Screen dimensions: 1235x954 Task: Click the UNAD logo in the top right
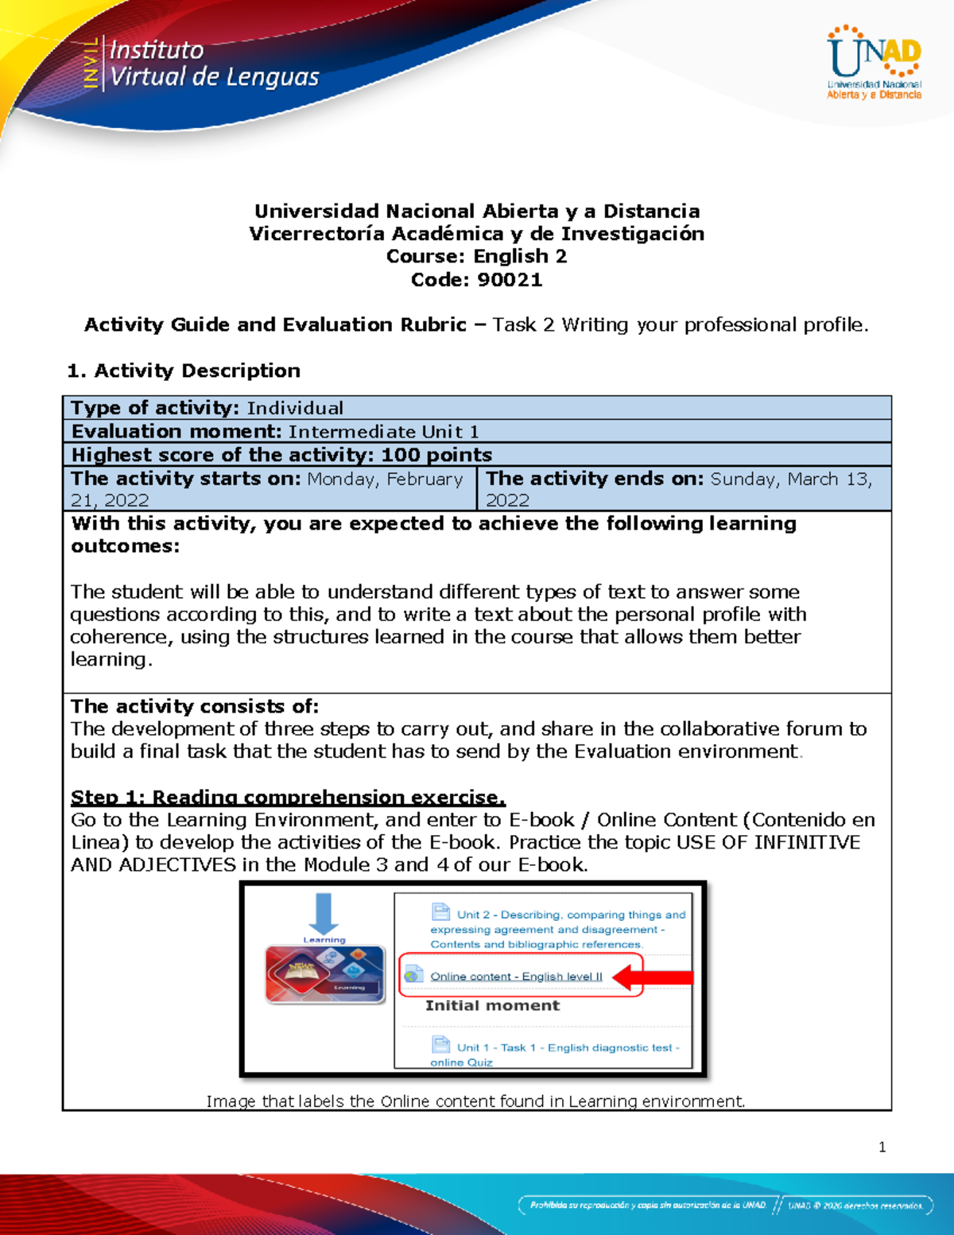click(x=874, y=63)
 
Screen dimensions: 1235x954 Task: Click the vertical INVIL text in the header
click(x=91, y=63)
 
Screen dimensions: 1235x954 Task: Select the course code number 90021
click(x=510, y=280)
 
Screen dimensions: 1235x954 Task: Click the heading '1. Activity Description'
click(x=184, y=371)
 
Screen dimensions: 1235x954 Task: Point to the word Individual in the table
click(x=295, y=408)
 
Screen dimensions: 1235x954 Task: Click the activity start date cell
click(x=269, y=488)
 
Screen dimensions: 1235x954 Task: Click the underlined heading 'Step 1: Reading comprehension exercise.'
click(x=288, y=797)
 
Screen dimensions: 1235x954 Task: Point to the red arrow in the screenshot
click(x=652, y=977)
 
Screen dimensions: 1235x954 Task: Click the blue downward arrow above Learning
click(x=324, y=913)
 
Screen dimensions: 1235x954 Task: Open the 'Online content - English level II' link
click(x=516, y=977)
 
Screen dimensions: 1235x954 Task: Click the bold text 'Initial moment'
click(x=492, y=1006)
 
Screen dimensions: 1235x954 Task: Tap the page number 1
click(x=882, y=1147)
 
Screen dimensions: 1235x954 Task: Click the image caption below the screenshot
click(x=475, y=1101)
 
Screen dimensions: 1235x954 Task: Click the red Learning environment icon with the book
click(x=325, y=974)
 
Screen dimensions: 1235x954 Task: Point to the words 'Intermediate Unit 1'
click(x=383, y=432)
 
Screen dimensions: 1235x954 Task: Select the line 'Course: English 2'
click(x=476, y=257)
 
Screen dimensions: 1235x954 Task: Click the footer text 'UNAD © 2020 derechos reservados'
click(x=855, y=1206)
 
